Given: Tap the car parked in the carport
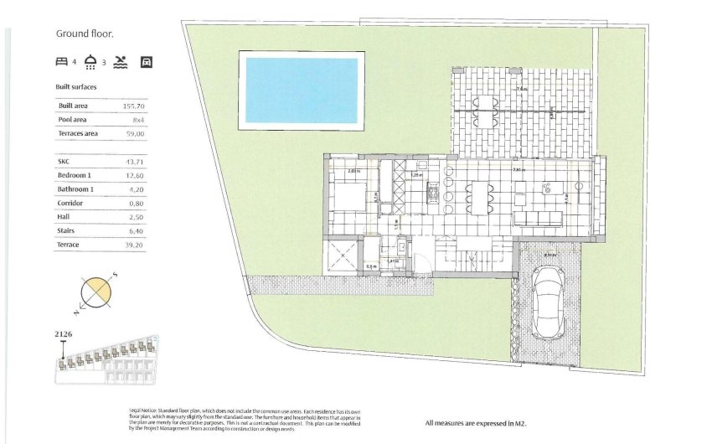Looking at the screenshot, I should [549, 302].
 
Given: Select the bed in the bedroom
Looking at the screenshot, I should [350, 197].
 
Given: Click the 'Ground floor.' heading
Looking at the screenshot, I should [84, 34].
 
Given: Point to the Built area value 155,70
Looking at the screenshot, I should [134, 106].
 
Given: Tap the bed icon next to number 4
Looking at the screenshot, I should [61, 61].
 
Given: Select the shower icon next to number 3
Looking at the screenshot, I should [90, 61].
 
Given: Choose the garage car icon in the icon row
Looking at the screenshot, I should [147, 61].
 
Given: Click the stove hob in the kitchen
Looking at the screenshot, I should [433, 194].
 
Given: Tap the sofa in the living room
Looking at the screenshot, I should [537, 218].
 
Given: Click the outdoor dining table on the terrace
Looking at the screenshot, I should [487, 106].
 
